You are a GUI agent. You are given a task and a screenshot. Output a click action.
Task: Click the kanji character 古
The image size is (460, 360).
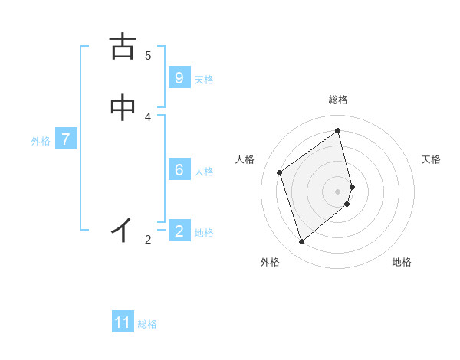click(x=123, y=47)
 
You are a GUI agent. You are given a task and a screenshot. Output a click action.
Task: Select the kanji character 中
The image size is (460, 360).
click(x=123, y=108)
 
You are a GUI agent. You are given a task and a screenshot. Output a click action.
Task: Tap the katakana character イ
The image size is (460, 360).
click(x=123, y=229)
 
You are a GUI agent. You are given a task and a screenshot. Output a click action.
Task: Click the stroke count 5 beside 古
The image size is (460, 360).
click(x=148, y=56)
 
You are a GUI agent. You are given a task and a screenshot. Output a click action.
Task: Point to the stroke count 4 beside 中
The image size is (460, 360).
click(x=148, y=117)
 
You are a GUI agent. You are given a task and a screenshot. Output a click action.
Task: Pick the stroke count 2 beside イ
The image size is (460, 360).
click(x=148, y=240)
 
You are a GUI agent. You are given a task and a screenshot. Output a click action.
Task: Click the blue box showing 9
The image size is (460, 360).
click(x=179, y=78)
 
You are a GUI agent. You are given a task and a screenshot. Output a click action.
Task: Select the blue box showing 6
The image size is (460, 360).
click(x=179, y=170)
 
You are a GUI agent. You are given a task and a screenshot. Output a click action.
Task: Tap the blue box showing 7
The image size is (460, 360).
click(x=66, y=139)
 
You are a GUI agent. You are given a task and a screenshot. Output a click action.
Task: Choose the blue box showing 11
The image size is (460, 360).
click(x=123, y=322)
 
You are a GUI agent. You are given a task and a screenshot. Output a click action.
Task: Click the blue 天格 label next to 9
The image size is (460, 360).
click(x=204, y=80)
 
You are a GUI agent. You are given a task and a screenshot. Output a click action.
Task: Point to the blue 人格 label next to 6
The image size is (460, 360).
click(x=204, y=172)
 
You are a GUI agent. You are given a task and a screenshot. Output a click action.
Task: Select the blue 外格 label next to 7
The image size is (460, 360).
click(x=41, y=141)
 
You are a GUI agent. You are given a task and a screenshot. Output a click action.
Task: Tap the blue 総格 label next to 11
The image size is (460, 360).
click(x=147, y=324)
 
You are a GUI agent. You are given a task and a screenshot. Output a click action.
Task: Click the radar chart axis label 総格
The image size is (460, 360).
click(x=338, y=100)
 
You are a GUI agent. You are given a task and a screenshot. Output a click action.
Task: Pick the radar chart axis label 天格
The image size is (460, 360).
click(x=432, y=159)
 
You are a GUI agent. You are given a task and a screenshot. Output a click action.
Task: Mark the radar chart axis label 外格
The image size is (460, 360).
click(x=270, y=262)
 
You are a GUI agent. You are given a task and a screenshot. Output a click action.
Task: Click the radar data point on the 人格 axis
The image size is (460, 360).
click(x=280, y=172)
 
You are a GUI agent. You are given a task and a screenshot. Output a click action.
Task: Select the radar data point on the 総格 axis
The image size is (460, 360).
click(x=338, y=131)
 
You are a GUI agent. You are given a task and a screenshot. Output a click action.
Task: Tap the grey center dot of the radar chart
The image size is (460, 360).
click(x=338, y=191)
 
